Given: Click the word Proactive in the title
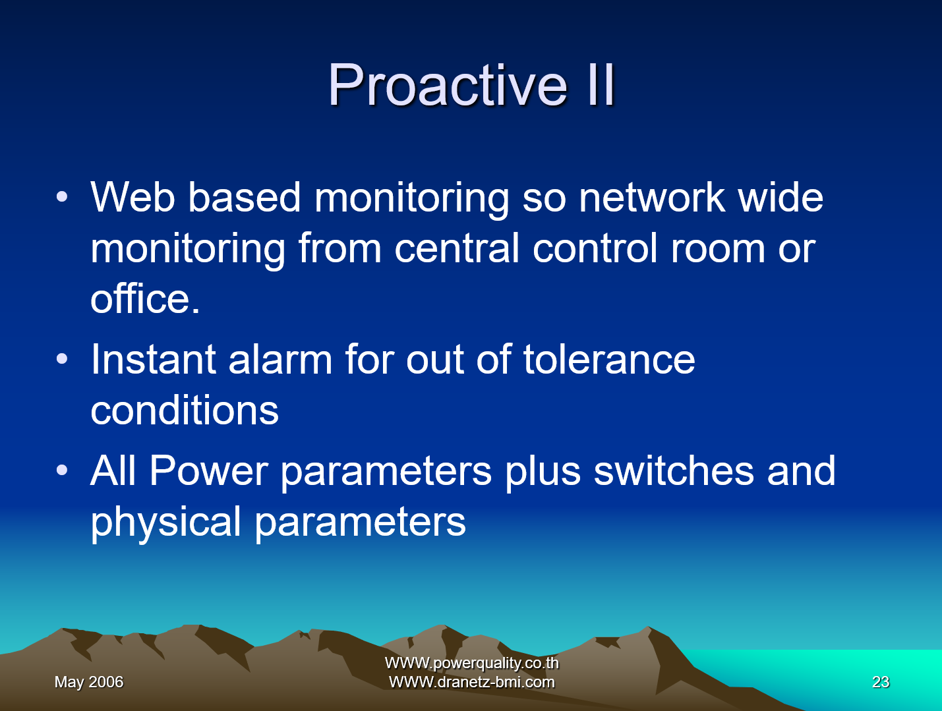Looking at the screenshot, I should (x=448, y=85).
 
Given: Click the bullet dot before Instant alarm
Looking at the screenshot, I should (x=62, y=360).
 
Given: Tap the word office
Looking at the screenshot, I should (x=141, y=299).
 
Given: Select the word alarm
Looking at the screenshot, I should (x=280, y=360).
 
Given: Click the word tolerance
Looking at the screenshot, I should (x=609, y=360).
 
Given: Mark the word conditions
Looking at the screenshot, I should (x=185, y=411).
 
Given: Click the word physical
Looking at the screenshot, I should (x=165, y=523).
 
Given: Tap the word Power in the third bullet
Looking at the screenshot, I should (x=208, y=471).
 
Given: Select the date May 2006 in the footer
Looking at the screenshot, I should (x=89, y=682).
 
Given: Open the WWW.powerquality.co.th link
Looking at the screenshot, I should (x=472, y=663).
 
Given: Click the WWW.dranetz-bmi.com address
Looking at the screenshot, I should (x=472, y=682).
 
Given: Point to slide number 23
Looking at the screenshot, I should (x=881, y=682).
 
